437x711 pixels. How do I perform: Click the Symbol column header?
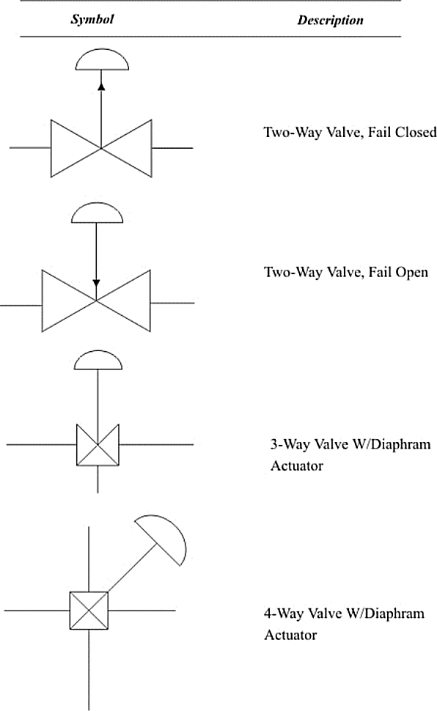(92, 19)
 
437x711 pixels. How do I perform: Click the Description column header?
(331, 20)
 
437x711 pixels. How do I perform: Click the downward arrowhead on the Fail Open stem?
(96, 284)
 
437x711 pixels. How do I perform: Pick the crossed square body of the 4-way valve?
(89, 611)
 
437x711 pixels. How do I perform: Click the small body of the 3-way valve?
(98, 445)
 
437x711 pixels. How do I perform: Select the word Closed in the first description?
(415, 132)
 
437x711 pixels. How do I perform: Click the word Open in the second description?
(411, 272)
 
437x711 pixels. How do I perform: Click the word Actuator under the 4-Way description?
(290, 635)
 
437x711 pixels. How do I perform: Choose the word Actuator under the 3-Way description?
(297, 465)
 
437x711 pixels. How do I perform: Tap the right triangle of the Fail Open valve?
(123, 301)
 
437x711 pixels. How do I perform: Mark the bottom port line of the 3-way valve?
(98, 480)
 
